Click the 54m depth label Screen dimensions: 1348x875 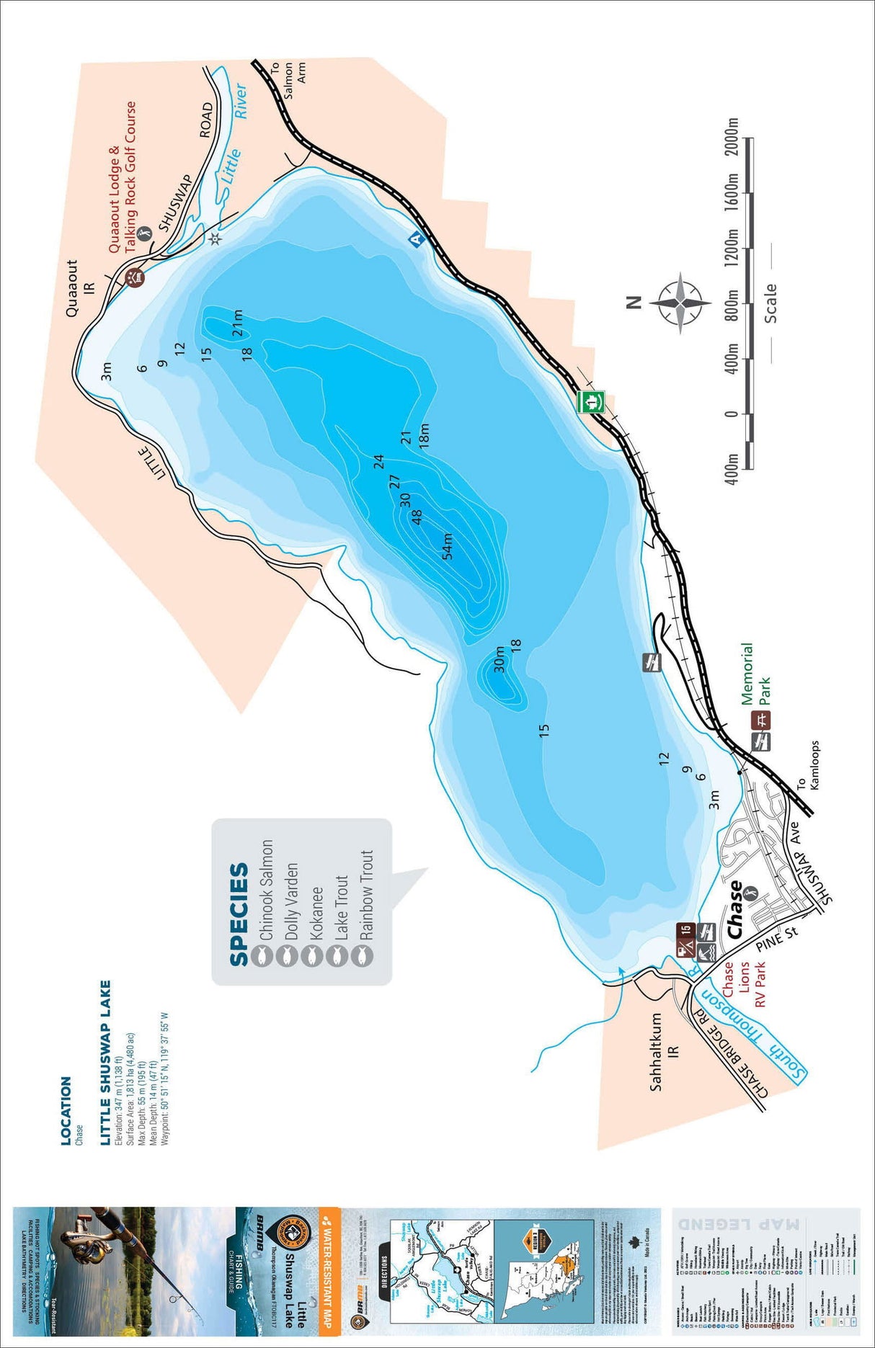tap(448, 546)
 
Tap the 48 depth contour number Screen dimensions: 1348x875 tap(417, 517)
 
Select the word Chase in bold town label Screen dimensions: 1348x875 tap(736, 909)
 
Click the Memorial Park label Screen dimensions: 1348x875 tap(755, 674)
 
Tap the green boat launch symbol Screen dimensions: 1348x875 tap(591, 402)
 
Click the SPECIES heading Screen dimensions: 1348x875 tap(239, 914)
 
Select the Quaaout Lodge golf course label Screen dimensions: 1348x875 tap(122, 177)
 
